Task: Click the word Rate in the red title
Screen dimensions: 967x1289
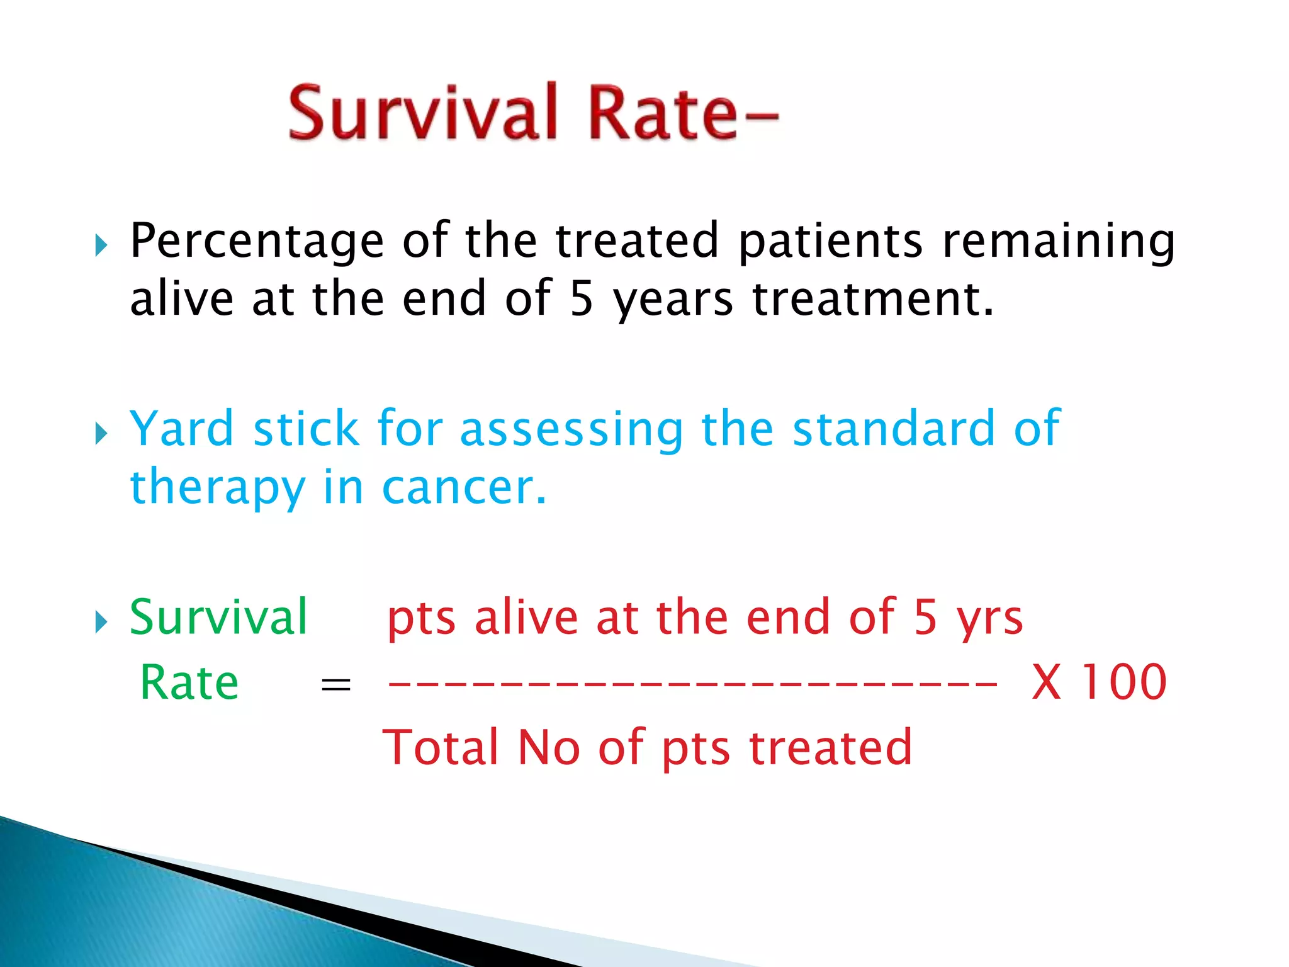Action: point(661,113)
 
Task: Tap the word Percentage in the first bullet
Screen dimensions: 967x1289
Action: point(257,242)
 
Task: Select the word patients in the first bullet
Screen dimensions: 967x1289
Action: point(830,242)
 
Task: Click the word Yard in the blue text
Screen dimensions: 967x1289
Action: point(181,429)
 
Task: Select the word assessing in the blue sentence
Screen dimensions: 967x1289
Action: point(571,429)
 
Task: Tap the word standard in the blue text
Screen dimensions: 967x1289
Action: point(892,429)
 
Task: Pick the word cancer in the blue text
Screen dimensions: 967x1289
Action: point(463,488)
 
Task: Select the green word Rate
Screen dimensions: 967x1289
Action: point(189,682)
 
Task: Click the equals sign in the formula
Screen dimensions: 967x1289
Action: point(335,685)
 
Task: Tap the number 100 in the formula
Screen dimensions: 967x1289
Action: point(1123,682)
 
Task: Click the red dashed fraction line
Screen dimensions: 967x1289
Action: point(692,684)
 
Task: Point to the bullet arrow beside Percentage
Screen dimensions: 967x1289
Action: point(101,245)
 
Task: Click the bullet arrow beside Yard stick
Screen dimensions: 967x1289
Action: point(101,433)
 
